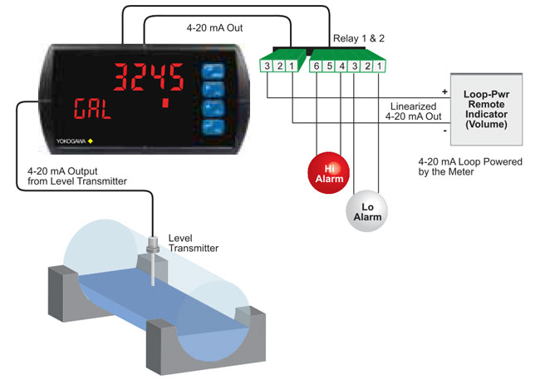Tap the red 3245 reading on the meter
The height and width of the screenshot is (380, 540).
pos(148,79)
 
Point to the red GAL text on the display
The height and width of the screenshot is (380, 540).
pos(91,107)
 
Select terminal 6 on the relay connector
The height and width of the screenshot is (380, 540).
pos(317,65)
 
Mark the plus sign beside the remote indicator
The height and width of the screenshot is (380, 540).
pos(444,91)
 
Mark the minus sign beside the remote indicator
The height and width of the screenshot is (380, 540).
pos(444,131)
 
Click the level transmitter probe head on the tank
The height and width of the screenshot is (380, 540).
pos(154,247)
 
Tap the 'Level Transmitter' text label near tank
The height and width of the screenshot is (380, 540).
pos(192,242)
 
